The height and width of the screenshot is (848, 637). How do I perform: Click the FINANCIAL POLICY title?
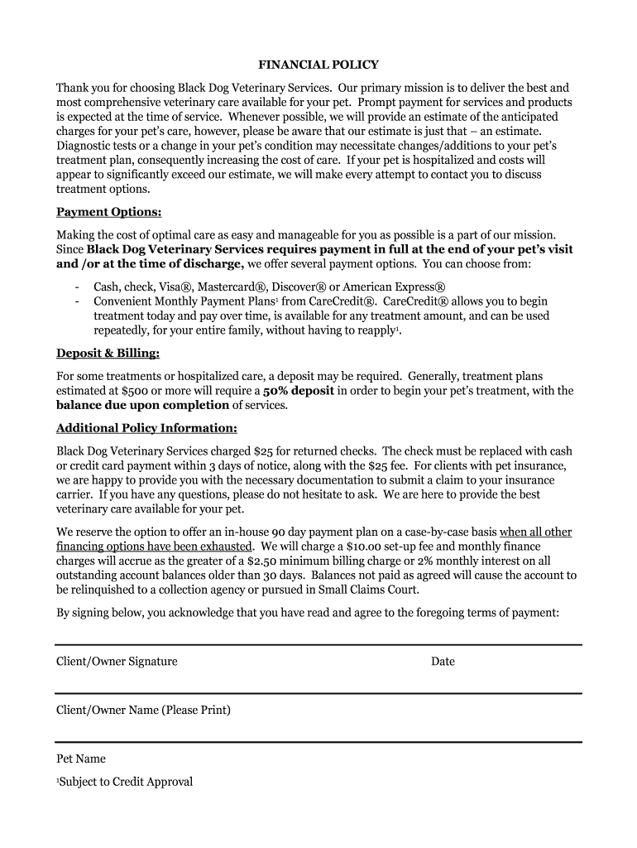318,65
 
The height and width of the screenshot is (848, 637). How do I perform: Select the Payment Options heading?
108,212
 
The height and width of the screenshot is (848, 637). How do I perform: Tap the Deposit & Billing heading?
108,354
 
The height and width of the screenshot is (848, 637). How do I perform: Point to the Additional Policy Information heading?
146,428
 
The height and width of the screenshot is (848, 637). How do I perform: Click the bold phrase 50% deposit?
299,391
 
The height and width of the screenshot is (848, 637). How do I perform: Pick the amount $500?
134,391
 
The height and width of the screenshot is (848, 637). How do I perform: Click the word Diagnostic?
85,147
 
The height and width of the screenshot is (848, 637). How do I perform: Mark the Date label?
443,662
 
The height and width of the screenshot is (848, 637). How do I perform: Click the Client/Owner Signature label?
117,662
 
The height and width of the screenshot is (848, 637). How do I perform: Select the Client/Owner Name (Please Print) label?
143,710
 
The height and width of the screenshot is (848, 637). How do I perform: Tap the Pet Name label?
81,759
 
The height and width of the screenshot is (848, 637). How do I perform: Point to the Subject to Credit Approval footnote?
125,782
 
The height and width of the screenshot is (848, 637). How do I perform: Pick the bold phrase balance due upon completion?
142,405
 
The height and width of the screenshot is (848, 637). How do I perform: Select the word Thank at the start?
72,88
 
